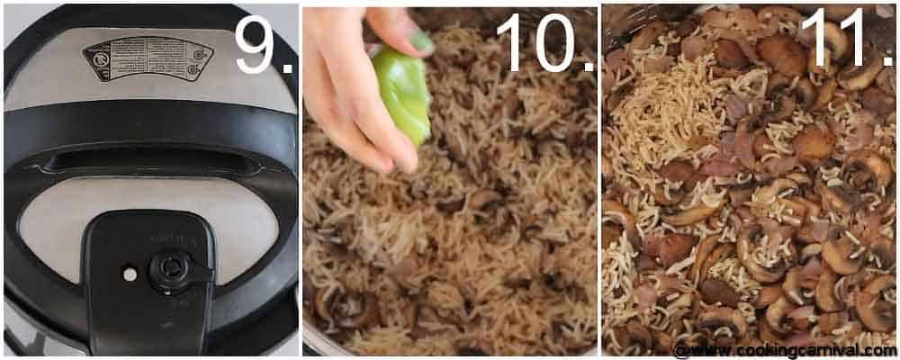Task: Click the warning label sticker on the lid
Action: click(148, 58)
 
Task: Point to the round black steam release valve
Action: click(170, 268)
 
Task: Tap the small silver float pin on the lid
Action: click(130, 272)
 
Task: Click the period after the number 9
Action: click(287, 68)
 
